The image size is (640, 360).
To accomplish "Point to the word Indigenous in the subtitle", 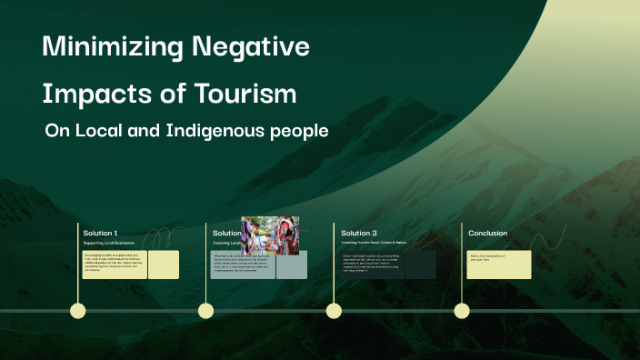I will click(215, 131).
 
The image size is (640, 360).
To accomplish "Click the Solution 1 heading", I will click(101, 234).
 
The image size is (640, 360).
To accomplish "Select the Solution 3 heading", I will click(359, 234).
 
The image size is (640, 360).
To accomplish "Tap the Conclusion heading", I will click(488, 234).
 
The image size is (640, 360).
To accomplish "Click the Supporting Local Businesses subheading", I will click(108, 244).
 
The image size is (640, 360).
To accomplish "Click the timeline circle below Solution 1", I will click(78, 311).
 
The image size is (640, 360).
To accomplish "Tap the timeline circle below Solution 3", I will click(334, 311).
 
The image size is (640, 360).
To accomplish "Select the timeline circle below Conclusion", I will click(462, 311).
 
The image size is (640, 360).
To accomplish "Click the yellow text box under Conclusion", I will click(499, 265).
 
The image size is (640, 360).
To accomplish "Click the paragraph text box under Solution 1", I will click(115, 265).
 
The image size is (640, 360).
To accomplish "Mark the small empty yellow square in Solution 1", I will click(164, 265).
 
